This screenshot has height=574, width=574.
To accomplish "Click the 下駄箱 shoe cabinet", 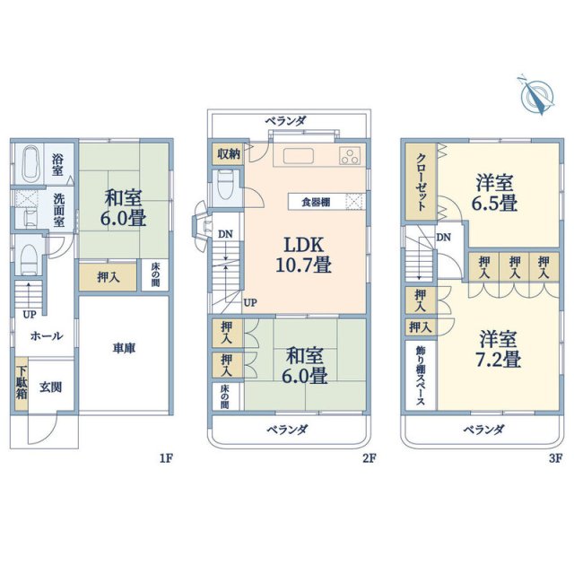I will point(21,384).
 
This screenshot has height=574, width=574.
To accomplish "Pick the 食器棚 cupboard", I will point(315,202).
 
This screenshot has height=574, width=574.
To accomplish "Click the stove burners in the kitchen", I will point(349,157).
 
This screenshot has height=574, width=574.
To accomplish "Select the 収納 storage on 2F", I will point(227,153).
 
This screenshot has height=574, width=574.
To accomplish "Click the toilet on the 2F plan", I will point(226,187).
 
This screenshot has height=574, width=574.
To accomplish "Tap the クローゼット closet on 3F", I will point(420,179).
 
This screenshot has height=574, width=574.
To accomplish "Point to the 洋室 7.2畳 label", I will point(499,350).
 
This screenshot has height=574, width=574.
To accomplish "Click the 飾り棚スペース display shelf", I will point(420,376).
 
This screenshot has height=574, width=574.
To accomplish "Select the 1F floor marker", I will point(165,458).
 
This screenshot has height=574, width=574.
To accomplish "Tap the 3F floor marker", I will point(555,458).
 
